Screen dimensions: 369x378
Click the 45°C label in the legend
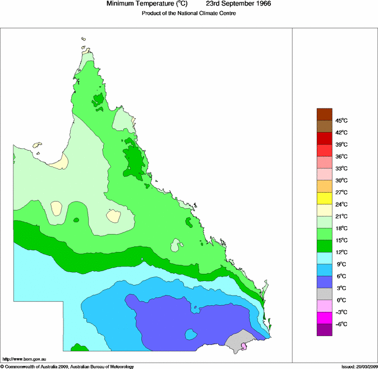[x=342, y=120]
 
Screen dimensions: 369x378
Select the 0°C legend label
[x=340, y=300]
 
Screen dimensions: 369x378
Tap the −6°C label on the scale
[x=342, y=324]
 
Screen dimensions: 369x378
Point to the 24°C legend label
[x=342, y=204]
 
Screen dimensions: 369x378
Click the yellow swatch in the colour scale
[x=325, y=198]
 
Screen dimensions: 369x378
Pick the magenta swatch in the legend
[x=325, y=317]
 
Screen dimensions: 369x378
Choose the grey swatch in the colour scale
[x=325, y=294]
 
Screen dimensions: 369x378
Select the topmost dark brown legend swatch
[x=325, y=114]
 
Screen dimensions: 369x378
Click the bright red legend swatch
[x=325, y=150]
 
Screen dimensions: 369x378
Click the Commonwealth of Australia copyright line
[x=67, y=366]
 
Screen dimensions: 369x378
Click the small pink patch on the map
[x=244, y=347]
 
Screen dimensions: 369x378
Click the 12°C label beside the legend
[x=342, y=252]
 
